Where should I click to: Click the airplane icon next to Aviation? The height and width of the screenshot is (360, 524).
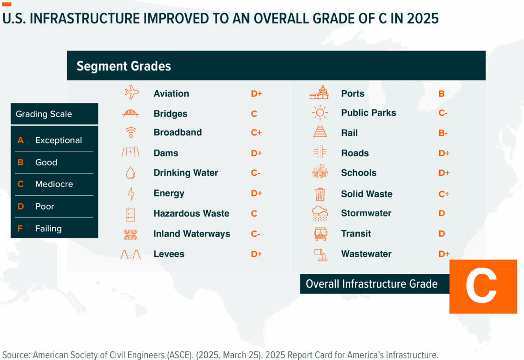pyautogui.click(x=131, y=92)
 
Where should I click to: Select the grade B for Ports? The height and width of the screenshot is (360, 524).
pyautogui.click(x=441, y=94)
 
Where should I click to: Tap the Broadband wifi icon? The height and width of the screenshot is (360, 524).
pyautogui.click(x=130, y=132)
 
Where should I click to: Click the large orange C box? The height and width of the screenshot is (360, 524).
pyautogui.click(x=483, y=287)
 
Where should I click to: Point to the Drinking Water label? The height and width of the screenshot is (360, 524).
pyautogui.click(x=186, y=173)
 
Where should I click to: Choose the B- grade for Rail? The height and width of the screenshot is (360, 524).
pyautogui.click(x=443, y=133)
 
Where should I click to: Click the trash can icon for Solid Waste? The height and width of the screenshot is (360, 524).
pyautogui.click(x=320, y=194)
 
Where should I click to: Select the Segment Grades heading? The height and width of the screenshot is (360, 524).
pyautogui.click(x=124, y=66)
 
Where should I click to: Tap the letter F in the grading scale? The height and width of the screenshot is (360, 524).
pyautogui.click(x=20, y=229)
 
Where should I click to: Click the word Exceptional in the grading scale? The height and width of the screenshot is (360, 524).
pyautogui.click(x=59, y=140)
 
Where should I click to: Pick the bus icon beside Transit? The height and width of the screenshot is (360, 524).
pyautogui.click(x=320, y=234)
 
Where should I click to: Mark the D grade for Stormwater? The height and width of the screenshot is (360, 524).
pyautogui.click(x=442, y=213)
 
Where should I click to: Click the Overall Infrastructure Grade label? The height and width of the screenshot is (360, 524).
pyautogui.click(x=372, y=284)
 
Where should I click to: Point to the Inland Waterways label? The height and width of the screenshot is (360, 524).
pyautogui.click(x=191, y=234)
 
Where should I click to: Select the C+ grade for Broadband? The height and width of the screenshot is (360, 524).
pyautogui.click(x=256, y=132)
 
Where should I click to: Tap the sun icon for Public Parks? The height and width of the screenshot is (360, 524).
pyautogui.click(x=320, y=113)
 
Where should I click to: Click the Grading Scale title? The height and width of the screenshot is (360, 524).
pyautogui.click(x=44, y=114)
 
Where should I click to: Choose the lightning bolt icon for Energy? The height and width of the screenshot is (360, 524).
pyautogui.click(x=131, y=193)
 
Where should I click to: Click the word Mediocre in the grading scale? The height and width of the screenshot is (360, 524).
pyautogui.click(x=54, y=184)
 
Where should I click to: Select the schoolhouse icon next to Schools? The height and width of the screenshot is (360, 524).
pyautogui.click(x=320, y=172)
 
